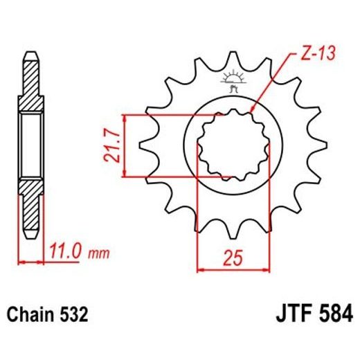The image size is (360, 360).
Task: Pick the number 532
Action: point(73,315)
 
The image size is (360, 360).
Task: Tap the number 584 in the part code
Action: point(331,314)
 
